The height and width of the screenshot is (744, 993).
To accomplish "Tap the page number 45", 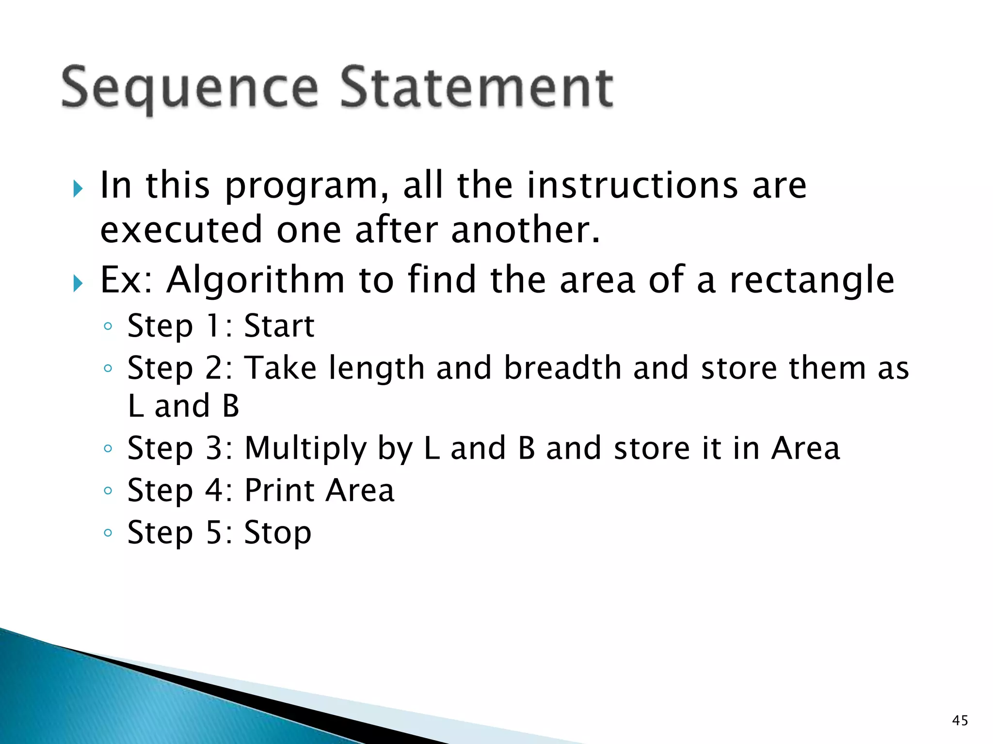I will click(x=960, y=721).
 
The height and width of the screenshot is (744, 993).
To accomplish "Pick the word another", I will click(x=526, y=230).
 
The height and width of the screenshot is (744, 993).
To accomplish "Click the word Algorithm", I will click(x=256, y=280).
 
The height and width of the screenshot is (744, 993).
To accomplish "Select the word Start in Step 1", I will click(x=279, y=326).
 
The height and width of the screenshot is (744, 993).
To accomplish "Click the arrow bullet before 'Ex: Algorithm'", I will click(x=78, y=283).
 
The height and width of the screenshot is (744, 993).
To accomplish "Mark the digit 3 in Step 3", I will click(x=214, y=448).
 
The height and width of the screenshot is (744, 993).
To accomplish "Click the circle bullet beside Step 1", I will click(x=108, y=326).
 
